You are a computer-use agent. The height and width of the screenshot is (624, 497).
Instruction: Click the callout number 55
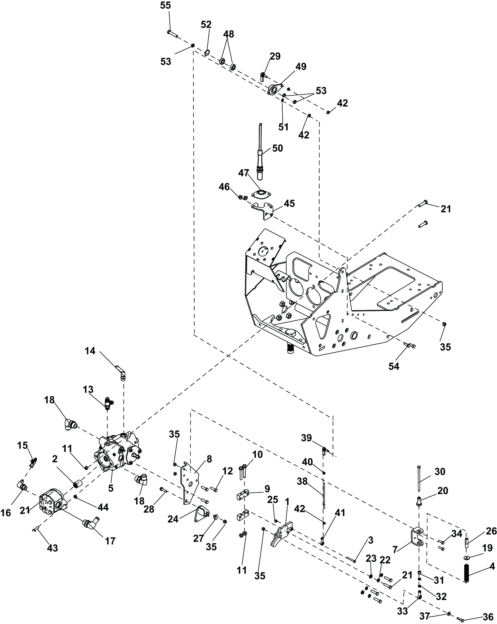pyautogui.click(x=166, y=6)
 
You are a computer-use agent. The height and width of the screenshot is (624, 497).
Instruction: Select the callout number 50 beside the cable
pyautogui.click(x=277, y=148)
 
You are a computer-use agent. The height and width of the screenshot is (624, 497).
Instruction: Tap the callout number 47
pyautogui.click(x=243, y=173)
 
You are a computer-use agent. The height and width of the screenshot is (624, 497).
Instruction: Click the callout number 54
pyautogui.click(x=394, y=366)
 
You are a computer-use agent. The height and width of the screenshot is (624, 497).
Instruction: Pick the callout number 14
pyautogui.click(x=90, y=351)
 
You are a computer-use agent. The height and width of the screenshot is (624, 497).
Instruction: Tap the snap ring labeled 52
pyautogui.click(x=207, y=52)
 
